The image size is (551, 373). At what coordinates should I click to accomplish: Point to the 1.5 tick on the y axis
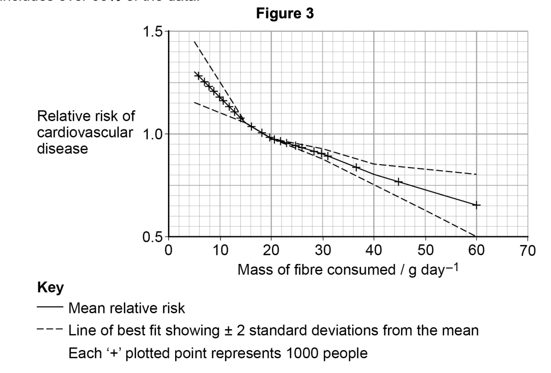[x=156, y=32]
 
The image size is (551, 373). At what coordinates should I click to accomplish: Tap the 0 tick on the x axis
[x=169, y=250]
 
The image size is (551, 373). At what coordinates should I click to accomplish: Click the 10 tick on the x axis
[x=220, y=250]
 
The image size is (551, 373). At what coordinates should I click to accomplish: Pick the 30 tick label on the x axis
[x=323, y=250]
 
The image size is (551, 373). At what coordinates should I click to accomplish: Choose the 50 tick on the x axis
[x=425, y=250]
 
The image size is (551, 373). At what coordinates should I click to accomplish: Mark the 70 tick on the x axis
[x=528, y=250]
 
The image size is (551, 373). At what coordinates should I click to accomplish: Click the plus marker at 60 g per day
[x=476, y=205]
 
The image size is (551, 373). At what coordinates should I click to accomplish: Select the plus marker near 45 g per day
[x=399, y=181]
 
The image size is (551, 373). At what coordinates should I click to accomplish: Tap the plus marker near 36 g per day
[x=356, y=167]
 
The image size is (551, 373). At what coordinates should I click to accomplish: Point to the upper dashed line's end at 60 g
[x=476, y=174]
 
